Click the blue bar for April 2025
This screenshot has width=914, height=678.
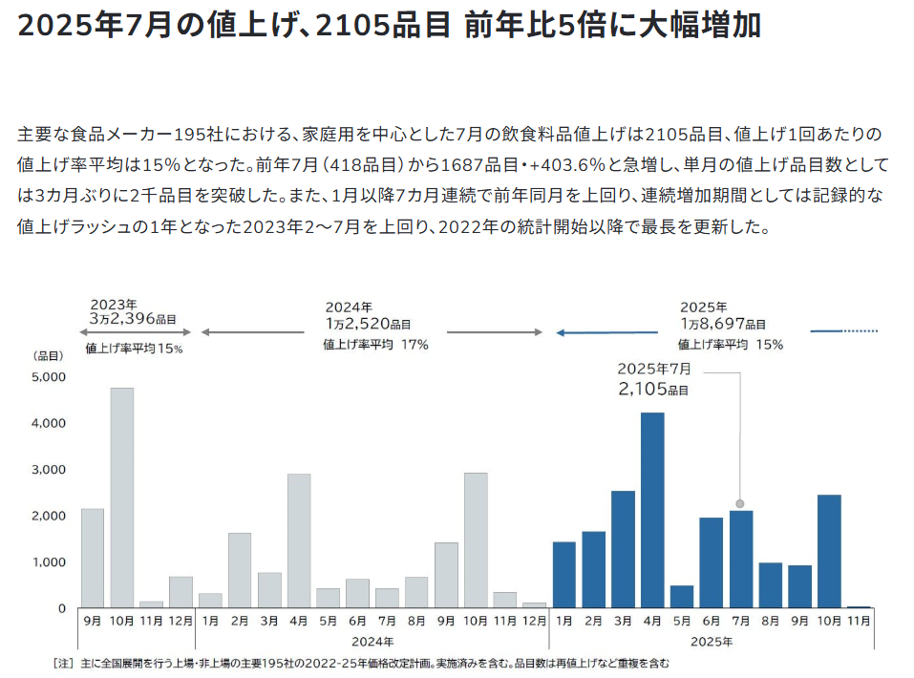point(652,510)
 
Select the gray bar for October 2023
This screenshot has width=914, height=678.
point(121,497)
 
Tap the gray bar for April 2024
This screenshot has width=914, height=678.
point(299,540)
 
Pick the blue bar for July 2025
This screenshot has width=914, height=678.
point(740,560)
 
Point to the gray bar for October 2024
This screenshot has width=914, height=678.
point(475,540)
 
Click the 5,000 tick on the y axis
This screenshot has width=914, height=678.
point(49,377)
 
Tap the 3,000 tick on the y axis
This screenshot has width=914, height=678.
point(49,470)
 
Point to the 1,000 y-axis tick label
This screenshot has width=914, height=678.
point(49,562)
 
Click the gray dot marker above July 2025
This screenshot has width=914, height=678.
point(740,503)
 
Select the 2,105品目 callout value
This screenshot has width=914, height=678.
point(652,390)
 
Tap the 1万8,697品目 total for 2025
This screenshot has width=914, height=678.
point(723,325)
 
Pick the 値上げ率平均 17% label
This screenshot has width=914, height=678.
point(375,344)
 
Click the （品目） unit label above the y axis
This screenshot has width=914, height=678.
point(48,355)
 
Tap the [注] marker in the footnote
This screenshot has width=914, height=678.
point(63,663)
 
